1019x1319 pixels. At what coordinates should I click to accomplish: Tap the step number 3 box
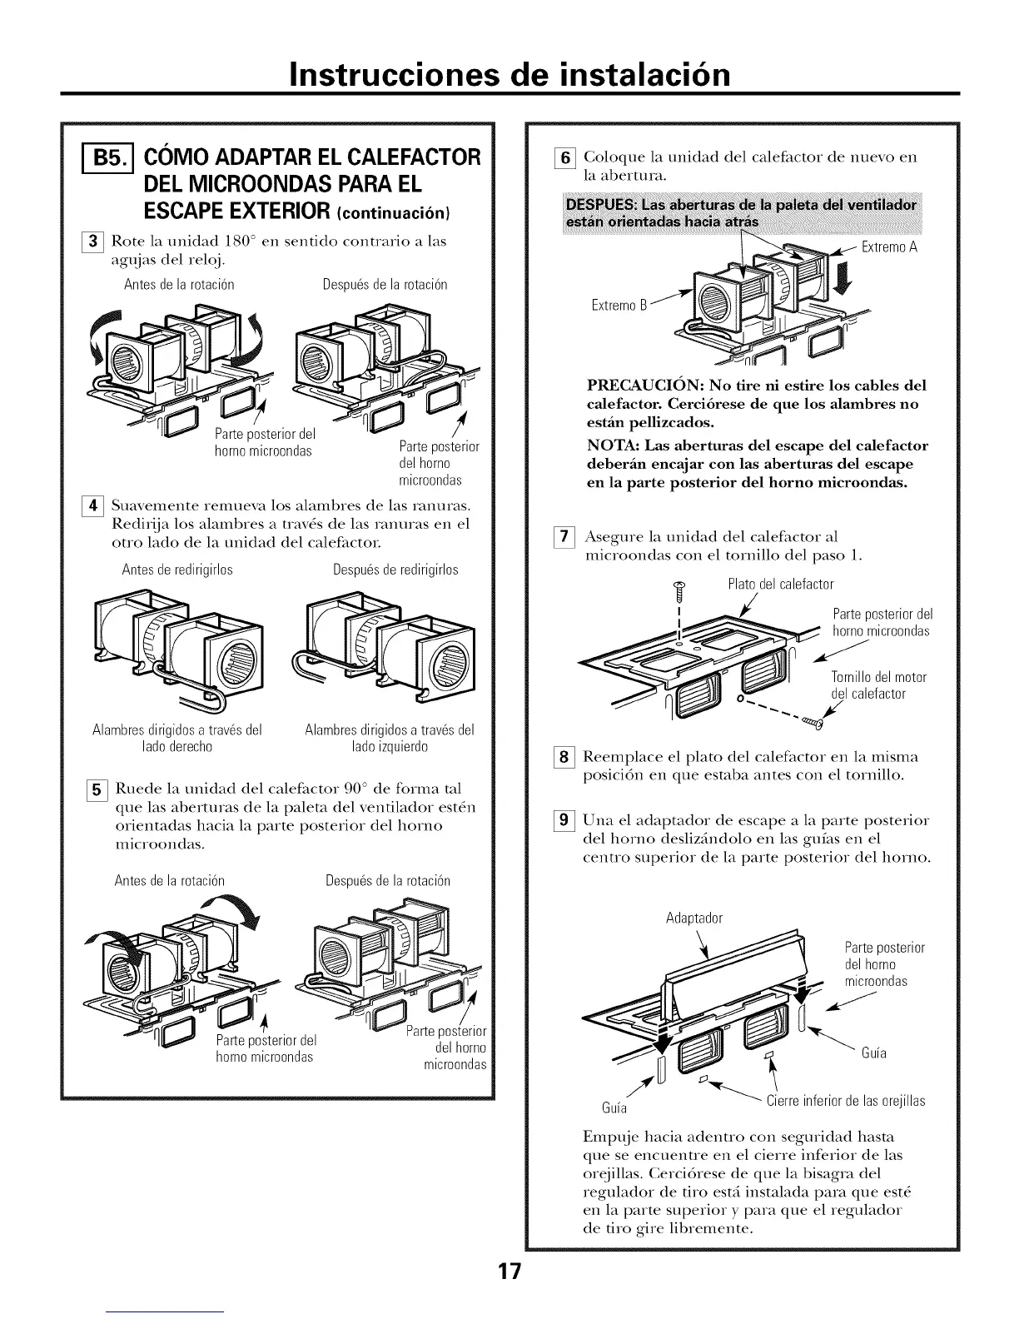pyautogui.click(x=94, y=241)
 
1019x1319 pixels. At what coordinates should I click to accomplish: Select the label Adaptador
pyautogui.click(x=694, y=918)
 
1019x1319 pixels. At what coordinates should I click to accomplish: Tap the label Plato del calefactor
pyautogui.click(x=780, y=584)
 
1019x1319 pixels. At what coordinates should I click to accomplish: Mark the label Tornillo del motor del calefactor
pyautogui.click(x=878, y=685)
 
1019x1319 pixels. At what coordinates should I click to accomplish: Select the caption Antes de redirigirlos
pyautogui.click(x=177, y=570)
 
